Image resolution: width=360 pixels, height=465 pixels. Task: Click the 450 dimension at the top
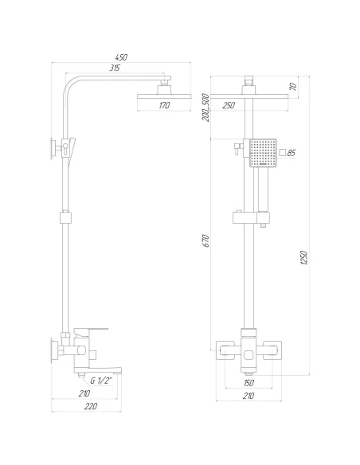click(x=120, y=57)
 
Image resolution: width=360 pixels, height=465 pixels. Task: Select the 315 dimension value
click(x=115, y=68)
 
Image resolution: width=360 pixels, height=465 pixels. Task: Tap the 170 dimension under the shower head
click(x=164, y=105)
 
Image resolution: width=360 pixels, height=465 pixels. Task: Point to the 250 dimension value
click(x=229, y=105)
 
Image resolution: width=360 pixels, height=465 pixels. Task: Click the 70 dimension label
click(x=293, y=87)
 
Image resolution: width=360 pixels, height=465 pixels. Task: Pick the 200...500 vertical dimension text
click(x=205, y=107)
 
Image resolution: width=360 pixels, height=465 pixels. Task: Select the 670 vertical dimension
click(x=206, y=240)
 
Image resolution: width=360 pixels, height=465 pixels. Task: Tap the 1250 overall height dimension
click(x=304, y=257)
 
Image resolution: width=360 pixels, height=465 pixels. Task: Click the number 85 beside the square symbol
click(x=292, y=153)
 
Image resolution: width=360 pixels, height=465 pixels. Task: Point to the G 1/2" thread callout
click(x=102, y=381)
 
